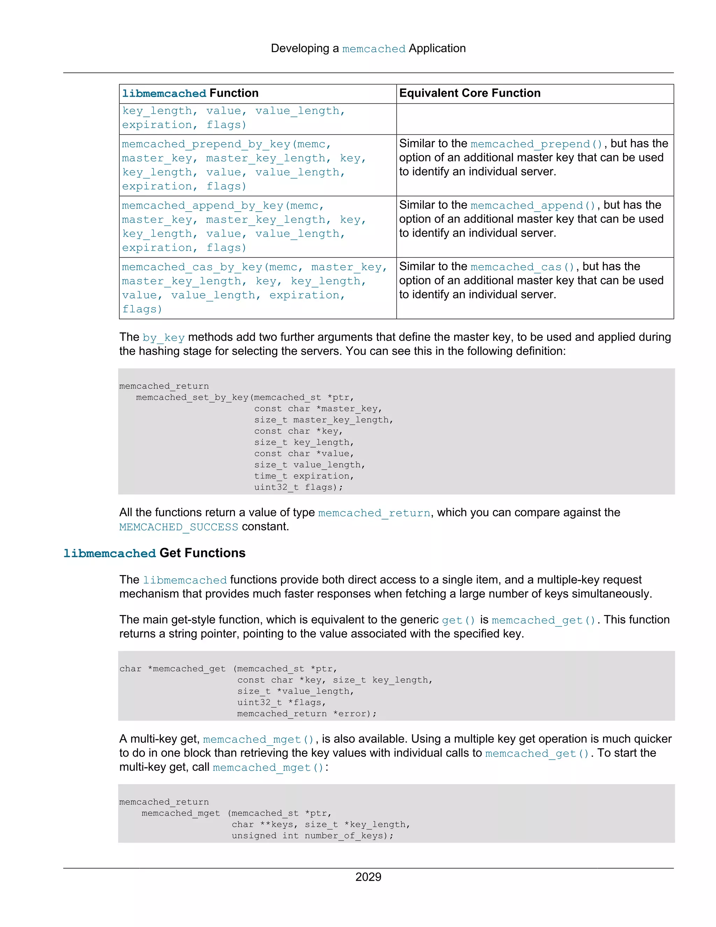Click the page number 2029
coord(368,877)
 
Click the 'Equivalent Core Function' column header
coord(470,93)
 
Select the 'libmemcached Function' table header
coord(190,93)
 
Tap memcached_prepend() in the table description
coord(536,144)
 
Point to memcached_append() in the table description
coord(533,206)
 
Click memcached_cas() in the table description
coord(522,267)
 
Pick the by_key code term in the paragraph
coord(163,338)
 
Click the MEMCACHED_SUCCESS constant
coord(179,527)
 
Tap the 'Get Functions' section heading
coord(202,553)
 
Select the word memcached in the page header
coord(374,49)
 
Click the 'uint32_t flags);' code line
coord(299,487)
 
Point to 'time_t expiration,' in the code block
coord(304,476)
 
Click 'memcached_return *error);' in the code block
coord(307,714)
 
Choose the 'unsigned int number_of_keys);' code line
coord(312,836)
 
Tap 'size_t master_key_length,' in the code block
coord(324,420)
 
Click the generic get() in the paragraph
coord(458,621)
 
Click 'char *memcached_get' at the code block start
coord(172,669)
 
